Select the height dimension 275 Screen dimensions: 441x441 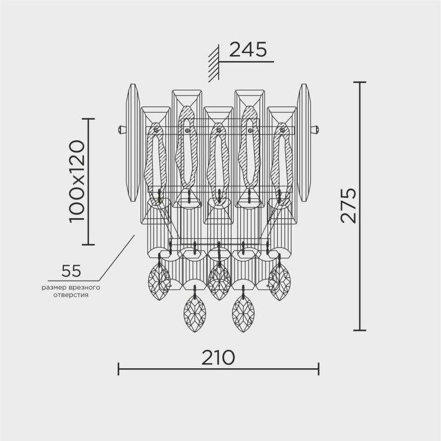point(348,205)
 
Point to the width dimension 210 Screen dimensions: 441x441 point(218,357)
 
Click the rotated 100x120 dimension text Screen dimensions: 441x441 point(77,181)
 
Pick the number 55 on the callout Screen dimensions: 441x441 point(72,271)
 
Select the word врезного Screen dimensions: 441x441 point(84,287)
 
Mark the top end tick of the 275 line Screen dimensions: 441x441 point(359,82)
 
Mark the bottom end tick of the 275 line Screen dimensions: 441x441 point(359,330)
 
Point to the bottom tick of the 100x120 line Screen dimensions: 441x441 point(88,244)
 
